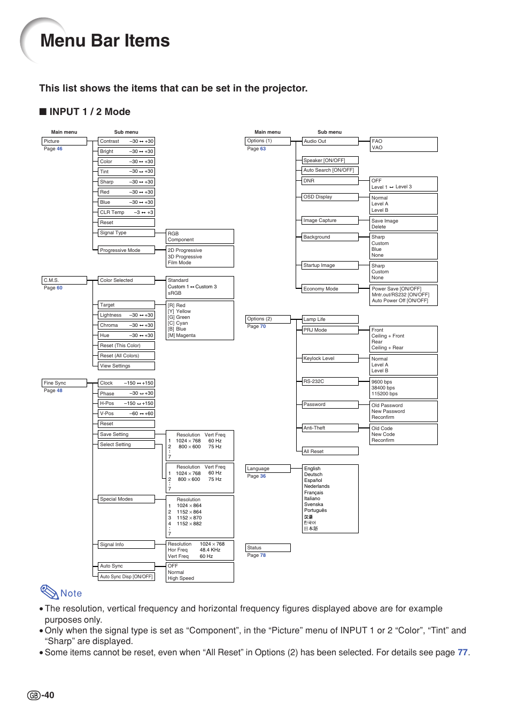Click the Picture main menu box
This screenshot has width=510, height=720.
click(64, 141)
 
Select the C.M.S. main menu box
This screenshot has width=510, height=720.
click(64, 280)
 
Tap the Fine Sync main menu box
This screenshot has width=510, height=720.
click(64, 383)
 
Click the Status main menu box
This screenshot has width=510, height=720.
click(267, 548)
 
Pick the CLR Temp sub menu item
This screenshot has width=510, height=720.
click(126, 212)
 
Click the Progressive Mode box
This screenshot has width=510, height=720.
click(126, 250)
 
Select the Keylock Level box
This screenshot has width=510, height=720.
click(330, 358)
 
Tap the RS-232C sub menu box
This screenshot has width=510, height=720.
click(330, 381)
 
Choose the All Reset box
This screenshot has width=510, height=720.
click(330, 451)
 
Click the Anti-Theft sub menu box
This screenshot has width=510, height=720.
click(330, 428)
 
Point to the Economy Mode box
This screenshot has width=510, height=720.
click(330, 289)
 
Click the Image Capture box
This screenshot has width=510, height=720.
click(330, 220)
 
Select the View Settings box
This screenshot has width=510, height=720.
click(126, 366)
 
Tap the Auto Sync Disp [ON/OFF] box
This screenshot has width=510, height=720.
click(126, 577)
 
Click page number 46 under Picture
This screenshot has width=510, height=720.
click(59, 149)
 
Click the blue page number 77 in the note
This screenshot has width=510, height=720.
click(462, 653)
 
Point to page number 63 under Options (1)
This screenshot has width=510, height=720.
click(262, 149)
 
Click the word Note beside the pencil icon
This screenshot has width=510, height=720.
click(71, 593)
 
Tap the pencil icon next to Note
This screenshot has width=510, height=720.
click(49, 592)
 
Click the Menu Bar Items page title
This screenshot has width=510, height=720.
click(105, 41)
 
